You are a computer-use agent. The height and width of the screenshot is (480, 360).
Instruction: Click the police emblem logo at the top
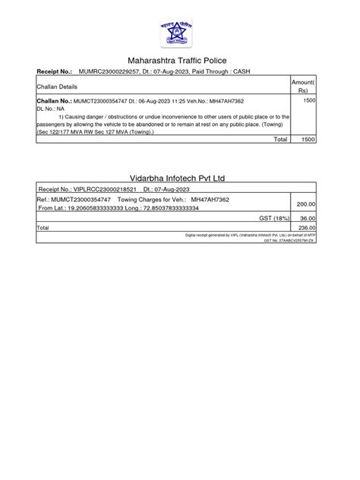pyautogui.click(x=179, y=28)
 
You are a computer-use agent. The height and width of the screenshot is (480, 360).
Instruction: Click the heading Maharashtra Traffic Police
pyautogui.click(x=180, y=60)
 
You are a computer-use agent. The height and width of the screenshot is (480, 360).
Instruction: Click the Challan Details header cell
pyautogui.click(x=58, y=87)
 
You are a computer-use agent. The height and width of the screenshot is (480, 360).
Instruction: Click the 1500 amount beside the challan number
pyautogui.click(x=309, y=101)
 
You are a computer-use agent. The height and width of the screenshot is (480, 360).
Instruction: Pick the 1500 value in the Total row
pyautogui.click(x=309, y=140)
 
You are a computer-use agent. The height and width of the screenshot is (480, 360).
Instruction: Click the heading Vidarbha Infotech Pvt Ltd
pyautogui.click(x=180, y=178)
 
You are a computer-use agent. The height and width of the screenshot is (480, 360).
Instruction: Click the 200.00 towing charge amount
pyautogui.click(x=306, y=204)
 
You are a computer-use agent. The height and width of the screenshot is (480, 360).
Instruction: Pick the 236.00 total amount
pyautogui.click(x=306, y=227)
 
